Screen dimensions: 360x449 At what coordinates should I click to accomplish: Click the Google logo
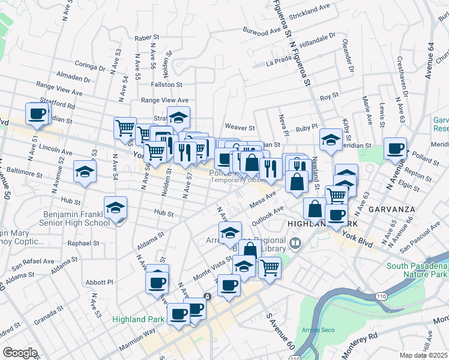[x=20, y=353]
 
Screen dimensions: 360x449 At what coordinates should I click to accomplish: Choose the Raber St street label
[x=146, y=38]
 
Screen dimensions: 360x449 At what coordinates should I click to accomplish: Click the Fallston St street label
[x=166, y=85]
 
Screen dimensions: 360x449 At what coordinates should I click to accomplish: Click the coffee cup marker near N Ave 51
[x=37, y=113]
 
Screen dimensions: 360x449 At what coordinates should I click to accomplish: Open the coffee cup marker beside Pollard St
[x=395, y=148]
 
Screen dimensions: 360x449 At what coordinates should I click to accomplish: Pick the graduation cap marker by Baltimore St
[x=85, y=172]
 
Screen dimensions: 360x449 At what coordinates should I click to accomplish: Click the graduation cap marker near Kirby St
[x=330, y=140]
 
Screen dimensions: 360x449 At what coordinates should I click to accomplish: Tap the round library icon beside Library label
[x=295, y=244]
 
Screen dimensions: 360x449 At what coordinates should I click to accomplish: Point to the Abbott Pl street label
[x=99, y=282]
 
